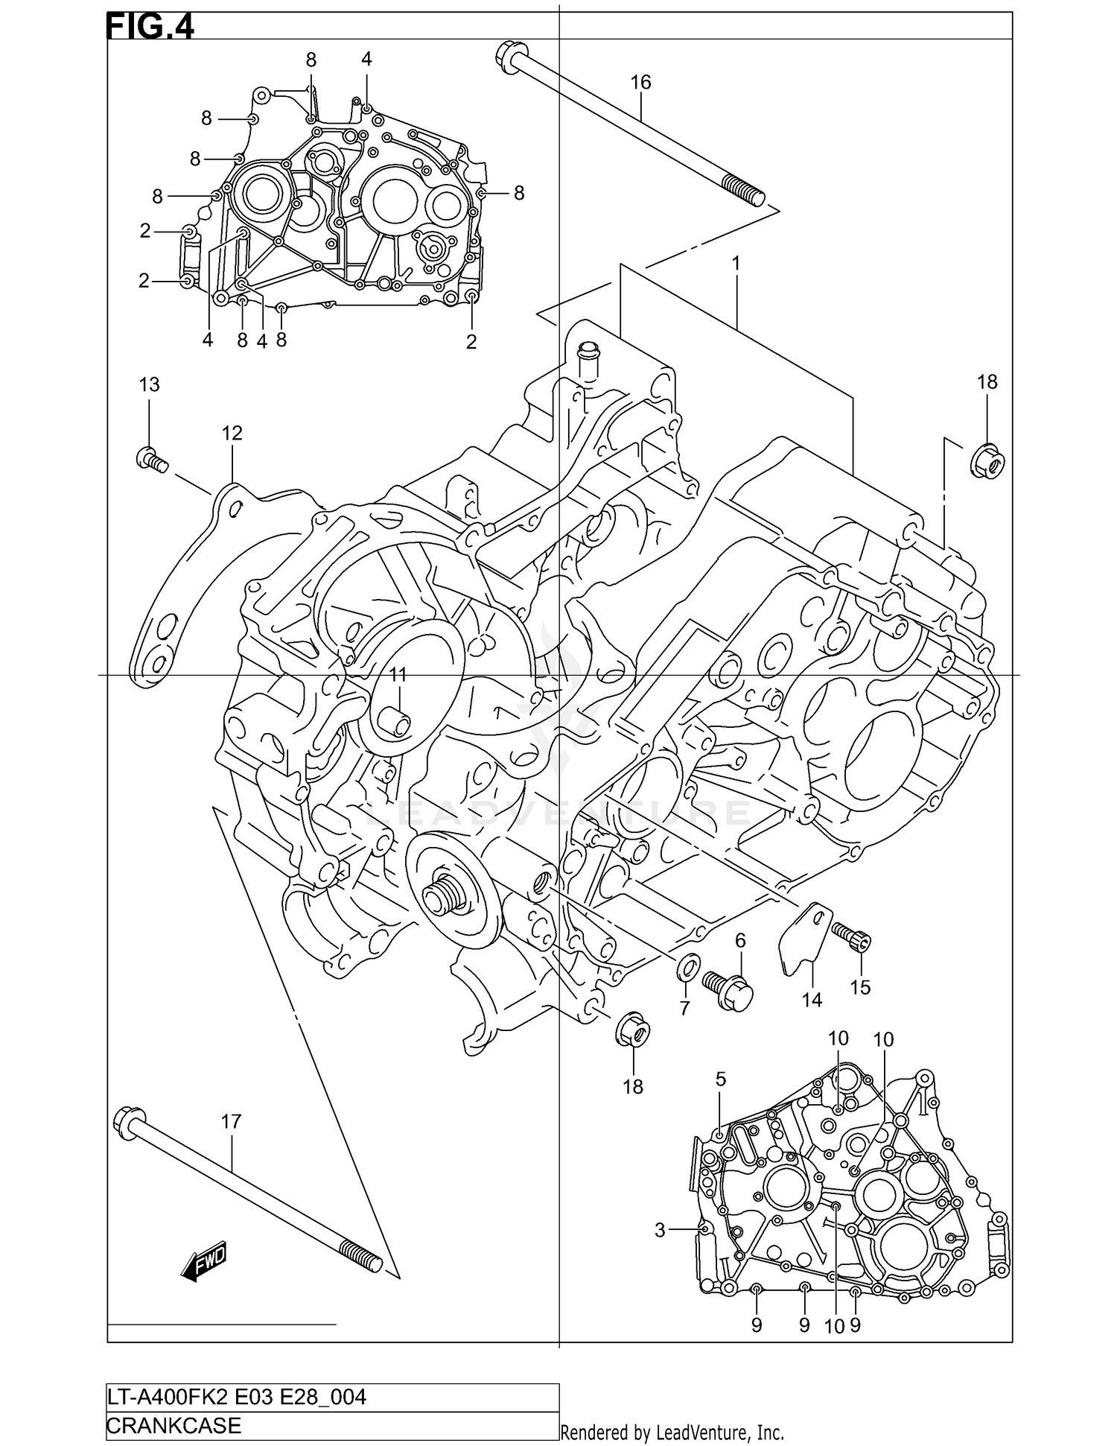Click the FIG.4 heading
(x=151, y=28)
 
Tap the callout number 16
(x=640, y=82)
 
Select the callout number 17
(x=232, y=1121)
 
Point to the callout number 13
(x=149, y=384)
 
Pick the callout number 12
(x=232, y=433)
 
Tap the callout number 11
(x=398, y=675)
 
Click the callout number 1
(x=736, y=263)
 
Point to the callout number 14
(x=812, y=1000)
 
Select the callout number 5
(x=720, y=1079)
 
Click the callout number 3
(x=659, y=1230)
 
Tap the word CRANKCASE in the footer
(x=174, y=1425)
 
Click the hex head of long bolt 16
(x=509, y=57)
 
